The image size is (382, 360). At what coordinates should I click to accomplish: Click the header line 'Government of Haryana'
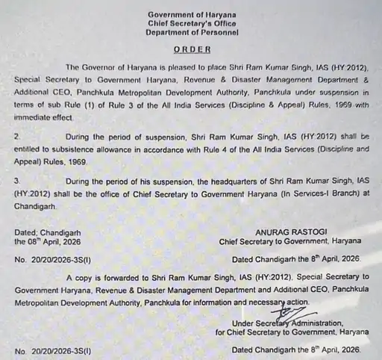pyautogui.click(x=192, y=15)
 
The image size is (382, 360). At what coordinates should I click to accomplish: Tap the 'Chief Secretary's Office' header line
pyautogui.click(x=192, y=24)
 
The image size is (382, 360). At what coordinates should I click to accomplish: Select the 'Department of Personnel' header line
pyautogui.click(x=192, y=34)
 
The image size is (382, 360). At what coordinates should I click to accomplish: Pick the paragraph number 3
pyautogui.click(x=17, y=181)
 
